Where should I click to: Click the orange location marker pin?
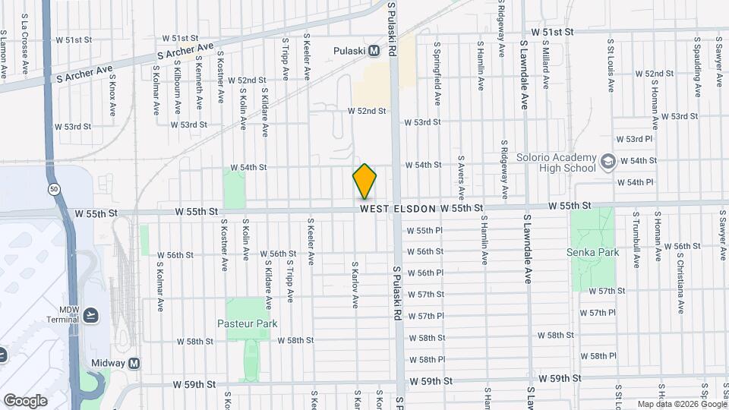364,181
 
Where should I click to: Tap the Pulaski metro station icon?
374,51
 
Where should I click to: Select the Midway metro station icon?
134,364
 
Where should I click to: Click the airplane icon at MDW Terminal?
91,314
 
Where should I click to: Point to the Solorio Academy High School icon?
607,161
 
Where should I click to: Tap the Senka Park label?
592,253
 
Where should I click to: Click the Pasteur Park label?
251,323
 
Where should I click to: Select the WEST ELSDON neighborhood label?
398,208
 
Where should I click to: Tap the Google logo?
25,400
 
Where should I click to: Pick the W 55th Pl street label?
424,230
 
